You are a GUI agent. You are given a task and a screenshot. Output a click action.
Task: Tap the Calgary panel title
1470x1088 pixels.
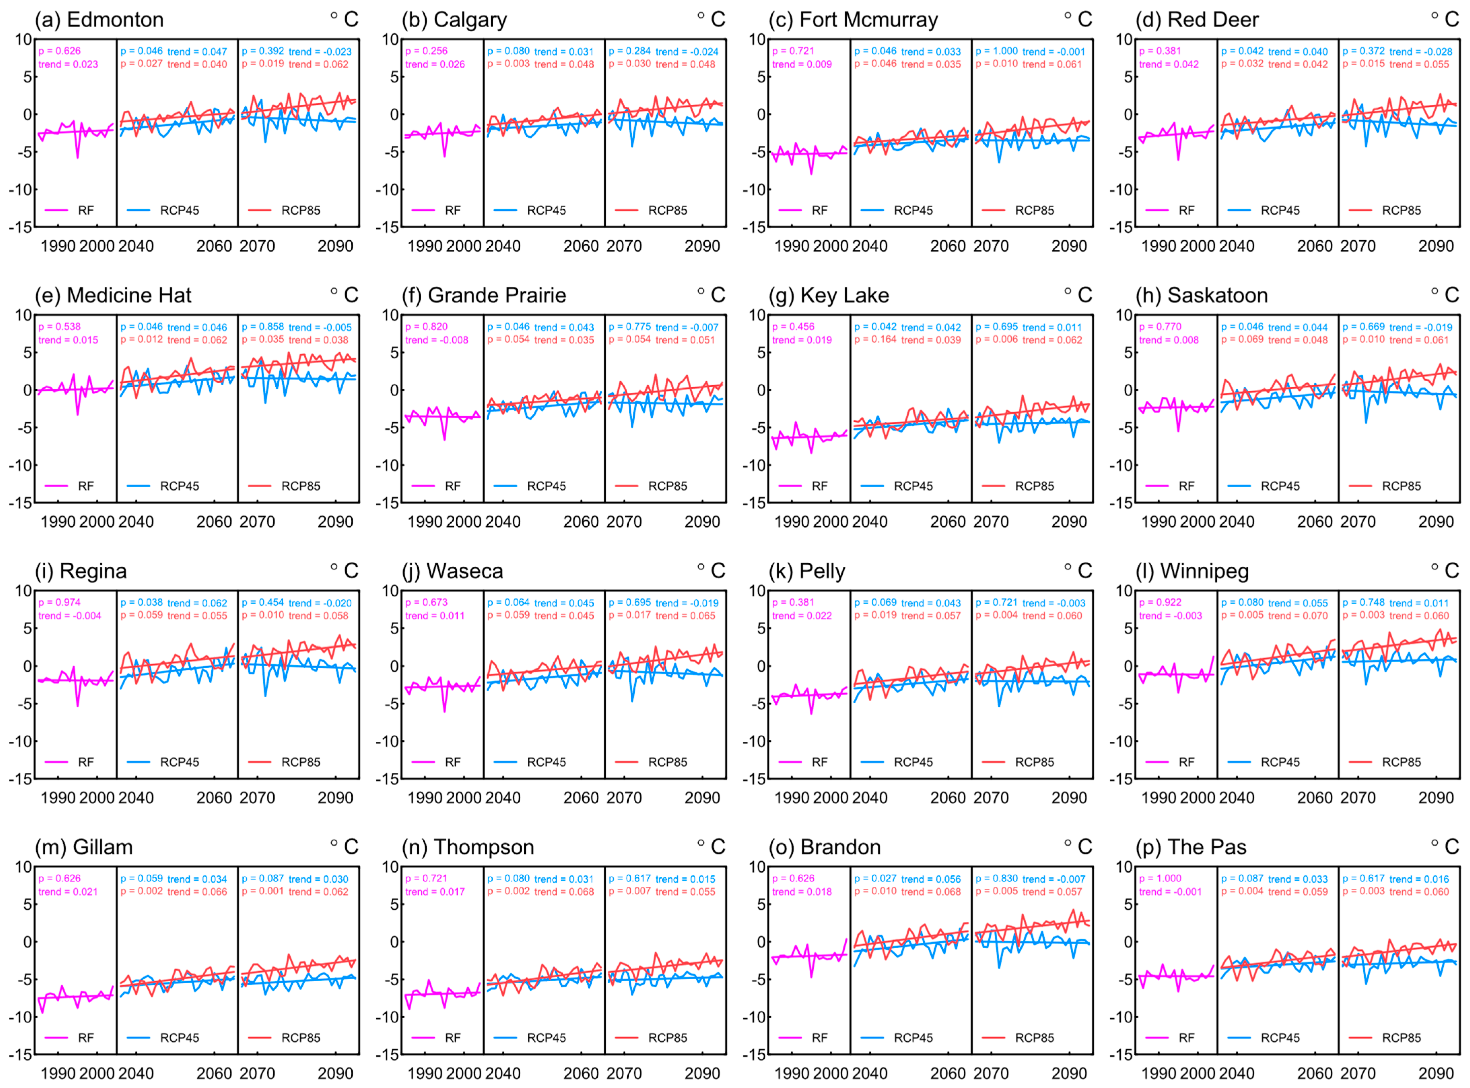[x=454, y=20]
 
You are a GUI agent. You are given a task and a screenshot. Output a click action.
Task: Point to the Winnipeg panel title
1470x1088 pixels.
[x=1192, y=571]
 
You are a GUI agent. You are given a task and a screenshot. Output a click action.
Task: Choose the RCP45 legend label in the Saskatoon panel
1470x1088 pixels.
[x=1280, y=486]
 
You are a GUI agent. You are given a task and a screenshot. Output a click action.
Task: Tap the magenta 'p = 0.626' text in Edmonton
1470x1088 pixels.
[x=59, y=51]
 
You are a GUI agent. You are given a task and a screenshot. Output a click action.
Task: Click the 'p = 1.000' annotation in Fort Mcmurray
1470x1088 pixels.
[x=996, y=51]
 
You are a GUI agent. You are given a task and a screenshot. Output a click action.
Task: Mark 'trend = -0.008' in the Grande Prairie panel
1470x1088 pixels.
[x=436, y=340]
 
